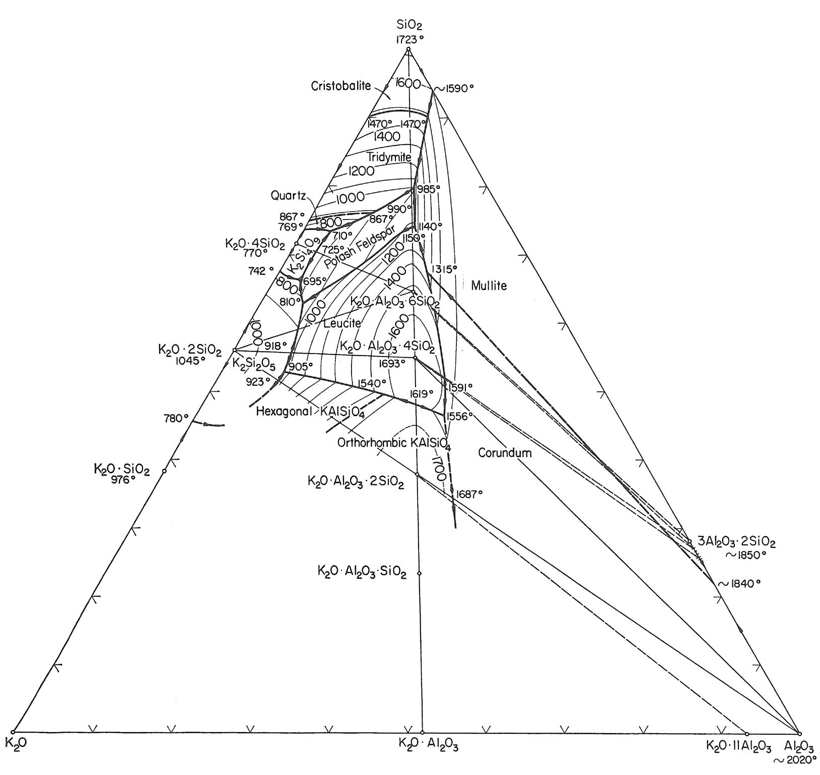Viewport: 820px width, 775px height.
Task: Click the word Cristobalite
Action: click(x=340, y=86)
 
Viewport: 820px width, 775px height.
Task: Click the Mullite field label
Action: click(x=489, y=286)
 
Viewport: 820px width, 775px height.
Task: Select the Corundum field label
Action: click(x=505, y=452)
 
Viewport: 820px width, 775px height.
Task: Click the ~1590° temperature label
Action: click(x=454, y=89)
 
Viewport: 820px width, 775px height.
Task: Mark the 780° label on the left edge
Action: click(x=176, y=417)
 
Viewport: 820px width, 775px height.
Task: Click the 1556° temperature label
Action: click(x=460, y=415)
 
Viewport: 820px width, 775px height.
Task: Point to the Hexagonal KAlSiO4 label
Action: click(x=310, y=411)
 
